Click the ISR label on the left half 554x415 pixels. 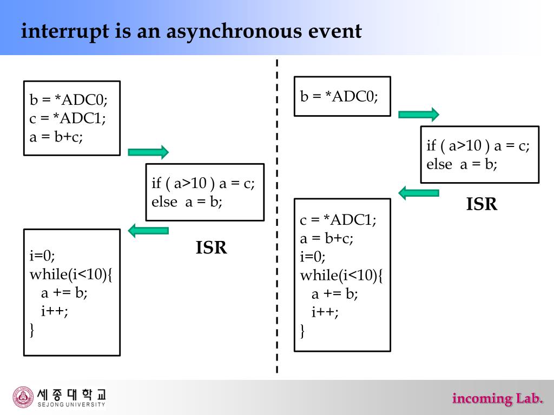point(211,248)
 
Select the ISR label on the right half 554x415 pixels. point(482,204)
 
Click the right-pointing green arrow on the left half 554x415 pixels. point(148,152)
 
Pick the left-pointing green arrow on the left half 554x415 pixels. point(148,231)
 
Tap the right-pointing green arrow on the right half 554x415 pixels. point(419,114)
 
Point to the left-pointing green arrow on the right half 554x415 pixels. point(419,192)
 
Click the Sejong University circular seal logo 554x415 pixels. point(23,397)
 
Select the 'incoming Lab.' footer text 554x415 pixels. point(497,399)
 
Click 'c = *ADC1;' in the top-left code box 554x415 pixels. point(68,118)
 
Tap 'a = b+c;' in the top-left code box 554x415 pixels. point(56,136)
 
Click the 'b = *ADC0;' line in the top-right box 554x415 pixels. point(339,96)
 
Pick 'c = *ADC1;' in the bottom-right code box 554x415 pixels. point(338,220)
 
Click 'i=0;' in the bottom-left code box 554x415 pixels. point(43,255)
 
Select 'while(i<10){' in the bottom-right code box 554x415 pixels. point(341,275)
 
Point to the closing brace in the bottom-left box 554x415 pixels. point(32,329)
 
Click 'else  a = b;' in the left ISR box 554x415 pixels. point(187,202)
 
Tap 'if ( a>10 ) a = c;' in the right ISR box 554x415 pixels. point(478,145)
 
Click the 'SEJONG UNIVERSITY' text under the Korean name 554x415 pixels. point(71,404)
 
